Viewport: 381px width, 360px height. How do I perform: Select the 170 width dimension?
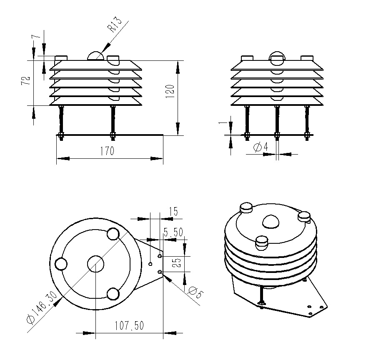coord(107,151)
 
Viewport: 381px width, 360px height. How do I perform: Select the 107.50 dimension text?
coord(129,325)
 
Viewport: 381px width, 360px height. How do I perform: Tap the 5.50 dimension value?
coord(173,232)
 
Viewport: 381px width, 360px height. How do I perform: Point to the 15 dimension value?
coord(173,211)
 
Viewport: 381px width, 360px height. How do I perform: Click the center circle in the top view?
coord(95,264)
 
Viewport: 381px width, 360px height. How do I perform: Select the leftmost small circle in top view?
coord(61,264)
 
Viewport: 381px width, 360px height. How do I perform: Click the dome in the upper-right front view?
coord(277,57)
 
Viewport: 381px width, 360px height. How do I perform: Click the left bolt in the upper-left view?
coord(62,121)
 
